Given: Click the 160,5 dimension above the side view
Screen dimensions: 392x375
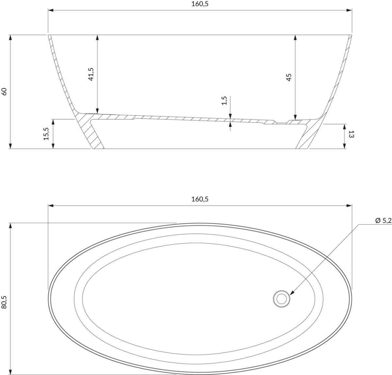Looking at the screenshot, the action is [200, 4].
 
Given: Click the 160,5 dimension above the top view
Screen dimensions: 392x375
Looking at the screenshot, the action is [200, 199].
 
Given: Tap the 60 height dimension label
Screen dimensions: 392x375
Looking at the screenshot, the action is [4, 92].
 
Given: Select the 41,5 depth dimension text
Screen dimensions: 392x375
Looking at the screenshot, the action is [91, 74].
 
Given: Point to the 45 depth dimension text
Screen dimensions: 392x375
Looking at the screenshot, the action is [289, 77].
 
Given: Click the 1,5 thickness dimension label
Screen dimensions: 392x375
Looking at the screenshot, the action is [224, 101].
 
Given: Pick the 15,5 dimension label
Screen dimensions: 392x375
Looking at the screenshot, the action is [46, 134].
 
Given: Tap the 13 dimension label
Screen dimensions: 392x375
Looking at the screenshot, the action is [351, 134].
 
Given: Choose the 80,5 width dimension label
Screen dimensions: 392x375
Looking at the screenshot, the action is [4, 302].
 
